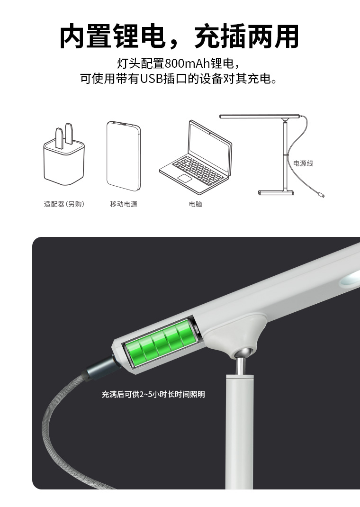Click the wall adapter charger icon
point(64,154)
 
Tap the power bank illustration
point(124,156)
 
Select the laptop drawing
point(196,157)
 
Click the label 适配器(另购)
point(64,204)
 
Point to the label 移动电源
point(124,204)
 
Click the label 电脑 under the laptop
point(196,204)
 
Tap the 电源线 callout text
point(303,163)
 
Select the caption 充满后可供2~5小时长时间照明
point(153,394)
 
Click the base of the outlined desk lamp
point(276,193)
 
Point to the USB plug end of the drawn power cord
point(321,195)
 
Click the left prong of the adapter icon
point(59,138)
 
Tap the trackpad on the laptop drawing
point(185,178)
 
